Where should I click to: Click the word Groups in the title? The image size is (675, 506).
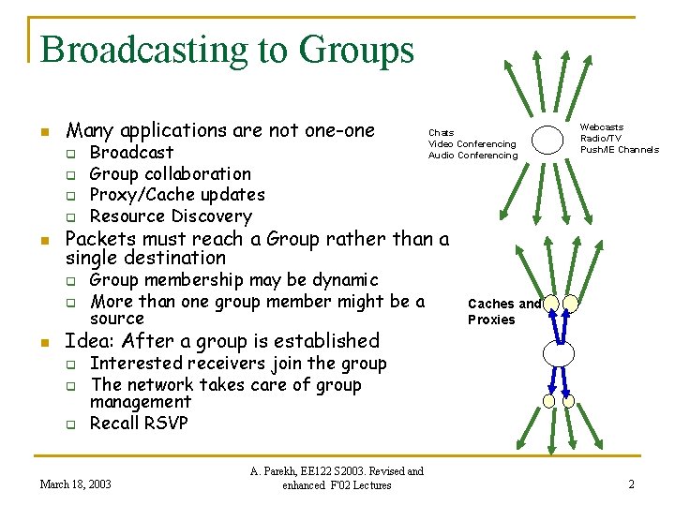[x=362, y=50]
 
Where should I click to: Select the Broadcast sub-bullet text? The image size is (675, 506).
[x=131, y=152]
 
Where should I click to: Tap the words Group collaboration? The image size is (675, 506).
[x=170, y=173]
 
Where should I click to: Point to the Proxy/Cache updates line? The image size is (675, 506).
[x=177, y=195]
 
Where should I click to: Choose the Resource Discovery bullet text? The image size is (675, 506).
[x=171, y=216]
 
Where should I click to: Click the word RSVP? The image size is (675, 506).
[x=166, y=424]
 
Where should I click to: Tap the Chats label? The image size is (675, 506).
[x=441, y=133]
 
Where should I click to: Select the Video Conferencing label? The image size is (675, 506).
[x=472, y=144]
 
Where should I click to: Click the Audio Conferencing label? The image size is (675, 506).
[x=472, y=156]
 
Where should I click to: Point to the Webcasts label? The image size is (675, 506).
[x=602, y=127]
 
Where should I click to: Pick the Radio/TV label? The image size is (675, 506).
[x=601, y=139]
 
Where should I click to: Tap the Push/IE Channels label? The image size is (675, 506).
[x=619, y=150]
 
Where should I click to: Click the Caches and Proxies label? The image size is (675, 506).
[x=503, y=311]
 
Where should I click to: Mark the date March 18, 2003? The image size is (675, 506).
[x=75, y=484]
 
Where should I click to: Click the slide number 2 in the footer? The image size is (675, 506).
[x=631, y=484]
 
